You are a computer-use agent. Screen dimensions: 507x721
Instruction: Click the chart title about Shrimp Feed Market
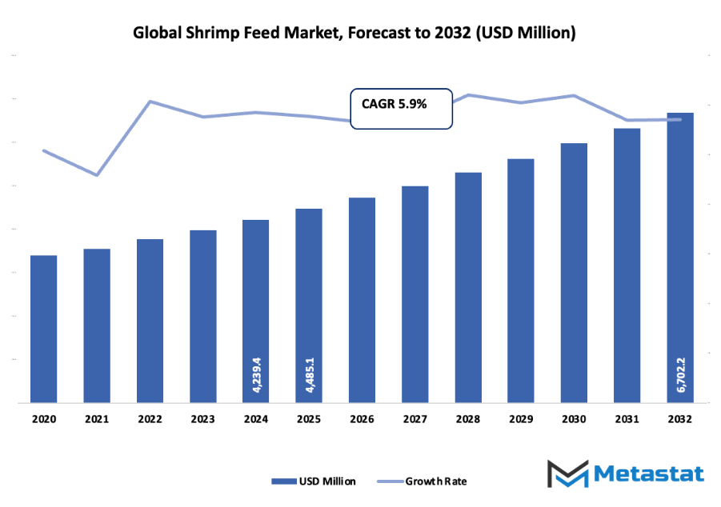point(354,34)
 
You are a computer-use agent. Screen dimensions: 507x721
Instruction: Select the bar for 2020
point(44,329)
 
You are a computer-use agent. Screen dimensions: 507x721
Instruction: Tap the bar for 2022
point(150,321)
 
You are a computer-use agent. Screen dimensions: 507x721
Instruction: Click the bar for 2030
point(574,273)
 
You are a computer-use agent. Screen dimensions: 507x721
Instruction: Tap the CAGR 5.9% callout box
point(402,108)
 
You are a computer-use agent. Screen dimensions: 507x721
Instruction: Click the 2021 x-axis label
point(97,418)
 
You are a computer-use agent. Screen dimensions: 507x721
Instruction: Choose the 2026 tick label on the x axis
point(362,418)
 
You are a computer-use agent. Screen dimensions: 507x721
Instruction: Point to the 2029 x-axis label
point(521,418)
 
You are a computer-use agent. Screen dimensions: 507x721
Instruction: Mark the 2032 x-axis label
point(680,418)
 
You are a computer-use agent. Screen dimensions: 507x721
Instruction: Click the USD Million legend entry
point(314,481)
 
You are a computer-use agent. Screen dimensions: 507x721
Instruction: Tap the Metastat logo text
point(650,473)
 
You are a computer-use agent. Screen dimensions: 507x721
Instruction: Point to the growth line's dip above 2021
point(97,175)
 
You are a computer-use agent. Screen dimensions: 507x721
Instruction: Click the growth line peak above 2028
point(468,94)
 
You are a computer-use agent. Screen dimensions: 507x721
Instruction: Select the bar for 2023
point(202,316)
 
